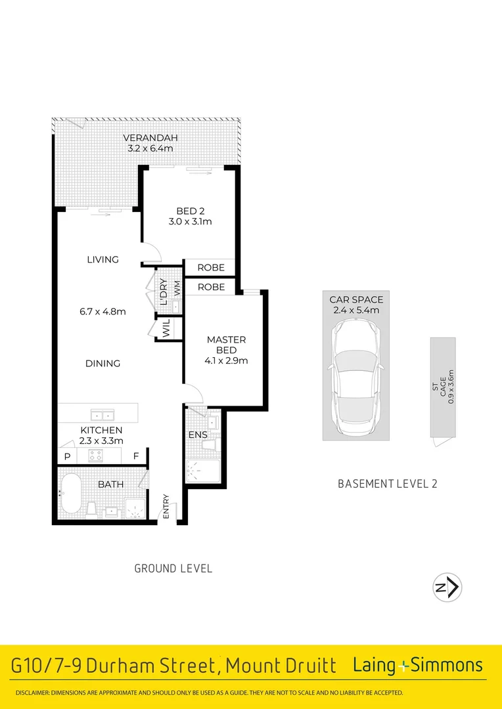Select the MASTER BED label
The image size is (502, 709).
pyautogui.click(x=226, y=345)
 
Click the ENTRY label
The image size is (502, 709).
pyautogui.click(x=166, y=507)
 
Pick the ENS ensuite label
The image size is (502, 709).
pyautogui.click(x=197, y=435)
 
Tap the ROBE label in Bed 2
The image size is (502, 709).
pyautogui.click(x=210, y=268)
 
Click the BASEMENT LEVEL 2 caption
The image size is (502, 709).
pyautogui.click(x=387, y=484)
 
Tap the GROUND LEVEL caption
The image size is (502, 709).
pyautogui.click(x=173, y=569)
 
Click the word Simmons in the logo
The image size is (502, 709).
pyautogui.click(x=447, y=666)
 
